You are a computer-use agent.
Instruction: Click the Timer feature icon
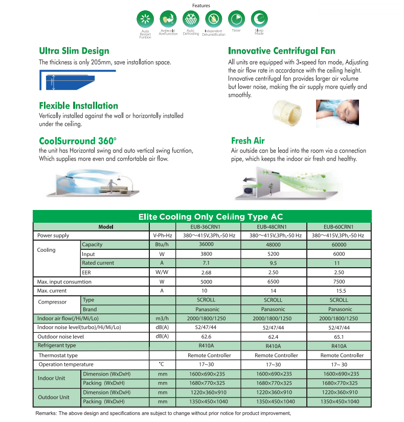(x=236, y=19)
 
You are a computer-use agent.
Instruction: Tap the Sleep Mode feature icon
(x=259, y=19)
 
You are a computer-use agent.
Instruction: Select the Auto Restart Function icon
(x=145, y=19)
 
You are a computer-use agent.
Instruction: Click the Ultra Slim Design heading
(x=74, y=51)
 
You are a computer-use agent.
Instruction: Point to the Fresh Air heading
(x=248, y=140)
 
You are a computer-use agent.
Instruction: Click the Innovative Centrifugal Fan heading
(x=282, y=51)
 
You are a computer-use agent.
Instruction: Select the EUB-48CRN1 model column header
(x=273, y=226)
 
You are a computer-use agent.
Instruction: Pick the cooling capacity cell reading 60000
(x=339, y=245)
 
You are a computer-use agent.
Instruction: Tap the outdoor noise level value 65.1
(x=339, y=337)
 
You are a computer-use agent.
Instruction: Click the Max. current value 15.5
(x=339, y=291)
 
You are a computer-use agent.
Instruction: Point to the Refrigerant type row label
(x=57, y=346)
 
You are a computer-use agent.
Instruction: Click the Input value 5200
(x=273, y=254)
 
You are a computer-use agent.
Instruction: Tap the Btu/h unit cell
(x=162, y=245)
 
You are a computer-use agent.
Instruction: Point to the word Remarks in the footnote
(x=47, y=413)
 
